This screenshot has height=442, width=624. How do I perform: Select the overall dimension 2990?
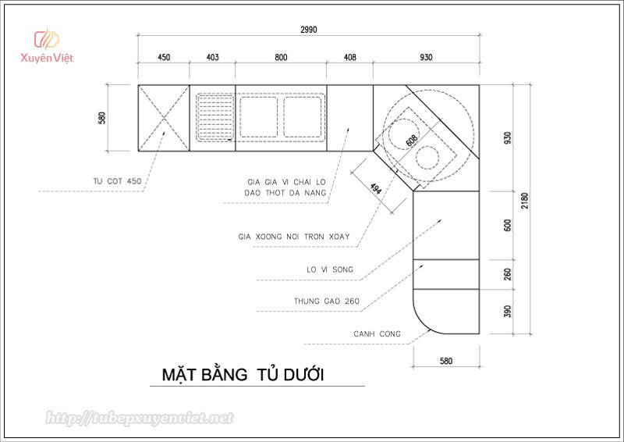pos(309,30)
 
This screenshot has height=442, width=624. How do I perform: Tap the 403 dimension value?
pos(212,57)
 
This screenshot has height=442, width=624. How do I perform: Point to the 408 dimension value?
pos(349,57)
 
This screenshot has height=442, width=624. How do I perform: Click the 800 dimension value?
pos(281,57)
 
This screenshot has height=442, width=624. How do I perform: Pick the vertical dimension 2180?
pos(524,201)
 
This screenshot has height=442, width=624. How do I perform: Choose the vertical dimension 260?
pos(508,274)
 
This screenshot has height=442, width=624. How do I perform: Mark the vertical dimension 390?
pos(508,312)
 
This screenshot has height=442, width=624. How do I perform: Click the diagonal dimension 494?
pos(376,188)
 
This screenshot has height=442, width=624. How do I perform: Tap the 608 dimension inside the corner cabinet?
pos(412,141)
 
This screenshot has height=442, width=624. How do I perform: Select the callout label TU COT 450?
pos(117,181)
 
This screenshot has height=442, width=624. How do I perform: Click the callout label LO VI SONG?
pos(330,270)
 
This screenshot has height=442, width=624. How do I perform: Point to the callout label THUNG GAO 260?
pos(327,301)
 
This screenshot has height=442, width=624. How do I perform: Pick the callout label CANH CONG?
pos(377,334)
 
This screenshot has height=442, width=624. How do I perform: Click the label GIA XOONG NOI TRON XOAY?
pos(294,237)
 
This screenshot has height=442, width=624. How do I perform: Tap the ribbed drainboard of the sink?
pos(215,117)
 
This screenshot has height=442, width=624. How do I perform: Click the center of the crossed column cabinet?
pos(164,118)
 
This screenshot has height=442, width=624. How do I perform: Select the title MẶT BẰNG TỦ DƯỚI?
pos(243,375)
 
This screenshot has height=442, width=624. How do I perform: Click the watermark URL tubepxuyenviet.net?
pos(140,418)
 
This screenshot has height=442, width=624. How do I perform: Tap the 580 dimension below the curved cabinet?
pos(446,361)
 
